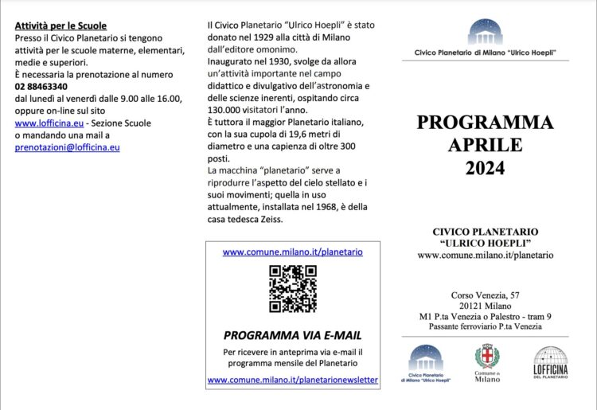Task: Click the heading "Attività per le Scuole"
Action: pos(60,26)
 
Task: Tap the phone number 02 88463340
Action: pos(41,86)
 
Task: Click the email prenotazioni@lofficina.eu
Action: pos(68,147)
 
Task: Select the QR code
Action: pos(292,288)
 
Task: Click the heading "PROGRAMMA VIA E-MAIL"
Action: pos(292,335)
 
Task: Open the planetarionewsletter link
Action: pos(292,380)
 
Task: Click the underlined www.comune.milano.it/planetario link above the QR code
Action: pos(292,252)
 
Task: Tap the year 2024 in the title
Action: pos(485,168)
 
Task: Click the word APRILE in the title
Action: pos(485,145)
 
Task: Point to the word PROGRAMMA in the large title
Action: pos(485,122)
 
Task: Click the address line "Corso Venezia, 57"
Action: pos(485,295)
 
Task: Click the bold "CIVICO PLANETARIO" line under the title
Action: pos(485,231)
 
